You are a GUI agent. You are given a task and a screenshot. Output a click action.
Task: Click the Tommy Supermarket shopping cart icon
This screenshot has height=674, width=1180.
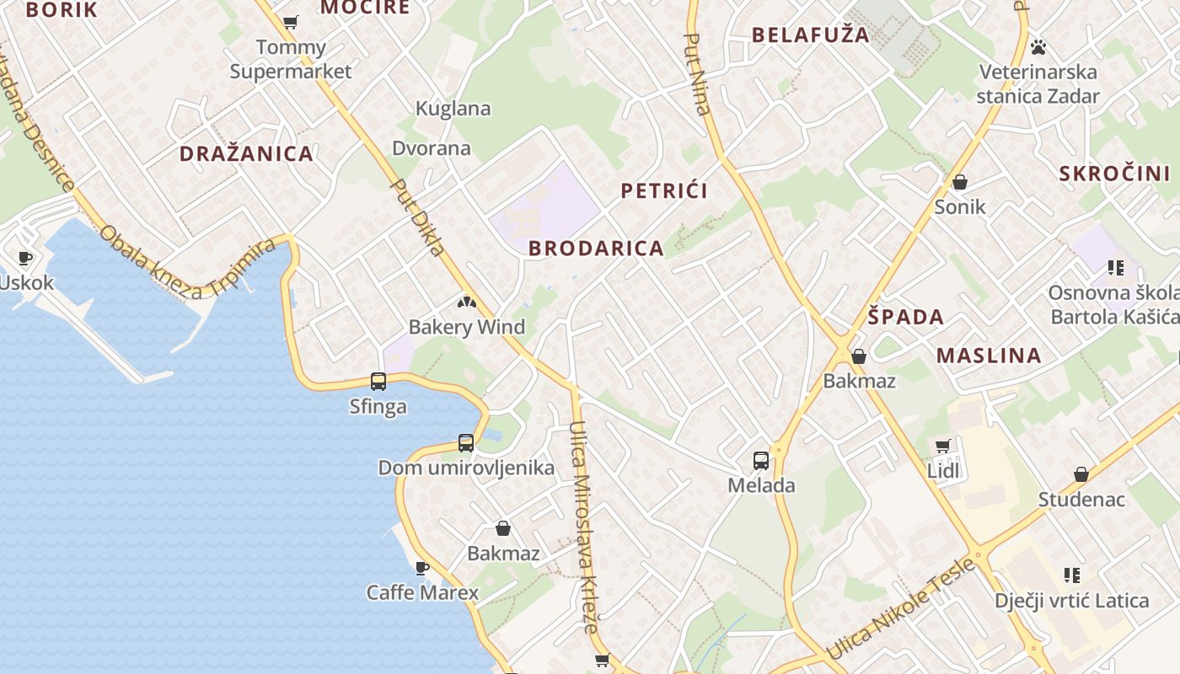pyautogui.click(x=291, y=23)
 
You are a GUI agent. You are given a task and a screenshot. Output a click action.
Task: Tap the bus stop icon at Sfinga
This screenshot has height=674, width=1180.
pyautogui.click(x=378, y=382)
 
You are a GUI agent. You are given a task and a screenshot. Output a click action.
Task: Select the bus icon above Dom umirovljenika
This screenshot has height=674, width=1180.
pyautogui.click(x=465, y=443)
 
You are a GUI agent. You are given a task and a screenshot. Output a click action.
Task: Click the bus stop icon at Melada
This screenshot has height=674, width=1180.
pyautogui.click(x=760, y=461)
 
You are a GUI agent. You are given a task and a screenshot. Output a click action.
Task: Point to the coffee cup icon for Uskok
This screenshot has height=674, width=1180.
pyautogui.click(x=25, y=258)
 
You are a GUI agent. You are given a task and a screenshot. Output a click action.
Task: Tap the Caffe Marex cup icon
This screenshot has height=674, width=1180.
pyautogui.click(x=422, y=568)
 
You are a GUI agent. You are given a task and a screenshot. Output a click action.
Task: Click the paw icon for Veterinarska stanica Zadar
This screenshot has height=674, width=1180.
pyautogui.click(x=1038, y=47)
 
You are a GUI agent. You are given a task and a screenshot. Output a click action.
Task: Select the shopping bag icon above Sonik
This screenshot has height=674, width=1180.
pyautogui.click(x=959, y=182)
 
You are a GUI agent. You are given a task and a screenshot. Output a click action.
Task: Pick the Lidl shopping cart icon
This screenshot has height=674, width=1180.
pyautogui.click(x=942, y=446)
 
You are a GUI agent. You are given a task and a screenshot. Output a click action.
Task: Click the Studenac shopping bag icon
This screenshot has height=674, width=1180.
pyautogui.click(x=1081, y=474)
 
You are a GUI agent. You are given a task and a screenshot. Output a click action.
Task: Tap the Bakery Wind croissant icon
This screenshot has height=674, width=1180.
pyautogui.click(x=466, y=302)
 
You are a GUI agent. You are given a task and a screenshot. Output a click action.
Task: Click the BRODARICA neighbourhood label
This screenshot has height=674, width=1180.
pyautogui.click(x=596, y=249)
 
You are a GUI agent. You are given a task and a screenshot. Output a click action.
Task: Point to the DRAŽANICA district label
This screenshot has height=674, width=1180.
pyautogui.click(x=246, y=153)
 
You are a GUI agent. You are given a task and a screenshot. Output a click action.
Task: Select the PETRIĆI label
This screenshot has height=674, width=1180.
pyautogui.click(x=664, y=190)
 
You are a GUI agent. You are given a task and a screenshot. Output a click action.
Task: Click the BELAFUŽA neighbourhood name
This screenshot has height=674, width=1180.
pyautogui.click(x=810, y=35)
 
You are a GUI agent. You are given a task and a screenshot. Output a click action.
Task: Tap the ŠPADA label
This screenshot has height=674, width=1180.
pyautogui.click(x=906, y=318)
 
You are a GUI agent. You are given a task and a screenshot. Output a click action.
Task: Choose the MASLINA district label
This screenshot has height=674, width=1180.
pyautogui.click(x=989, y=356)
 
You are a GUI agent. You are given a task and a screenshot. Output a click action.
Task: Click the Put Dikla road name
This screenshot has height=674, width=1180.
pyautogui.click(x=419, y=217)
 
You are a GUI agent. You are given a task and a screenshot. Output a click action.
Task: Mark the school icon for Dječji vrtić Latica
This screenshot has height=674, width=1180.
pyautogui.click(x=1071, y=575)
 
